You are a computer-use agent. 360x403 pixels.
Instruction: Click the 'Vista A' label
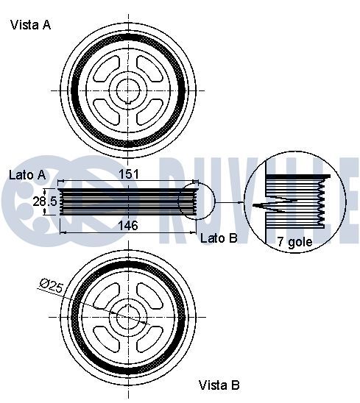tap(31, 25)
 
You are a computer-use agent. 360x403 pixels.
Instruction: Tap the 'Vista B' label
tap(219, 385)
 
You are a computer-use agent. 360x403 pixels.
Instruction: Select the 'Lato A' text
tap(27, 175)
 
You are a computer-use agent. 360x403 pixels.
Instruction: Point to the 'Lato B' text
tap(219, 238)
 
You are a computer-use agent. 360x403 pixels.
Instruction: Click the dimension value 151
tap(128, 174)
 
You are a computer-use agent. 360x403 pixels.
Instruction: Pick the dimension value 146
tap(128, 226)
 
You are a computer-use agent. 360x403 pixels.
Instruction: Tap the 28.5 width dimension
tap(45, 201)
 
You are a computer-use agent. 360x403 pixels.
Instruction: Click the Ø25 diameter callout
tap(52, 285)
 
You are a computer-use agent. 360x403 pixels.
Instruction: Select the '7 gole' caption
tap(294, 242)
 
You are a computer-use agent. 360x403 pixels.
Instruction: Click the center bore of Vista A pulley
tap(128, 90)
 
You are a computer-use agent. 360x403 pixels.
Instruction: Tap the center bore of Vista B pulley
tap(128, 317)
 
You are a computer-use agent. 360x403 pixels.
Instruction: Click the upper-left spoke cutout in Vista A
tap(107, 69)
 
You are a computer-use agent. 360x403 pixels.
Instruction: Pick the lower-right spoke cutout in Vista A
tap(149, 112)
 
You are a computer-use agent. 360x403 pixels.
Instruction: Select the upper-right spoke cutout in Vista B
tap(149, 296)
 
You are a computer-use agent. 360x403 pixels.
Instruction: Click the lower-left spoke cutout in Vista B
tap(107, 338)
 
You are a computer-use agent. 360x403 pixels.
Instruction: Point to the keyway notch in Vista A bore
tap(128, 101)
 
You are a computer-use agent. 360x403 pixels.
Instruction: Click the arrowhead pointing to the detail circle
tap(241, 202)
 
